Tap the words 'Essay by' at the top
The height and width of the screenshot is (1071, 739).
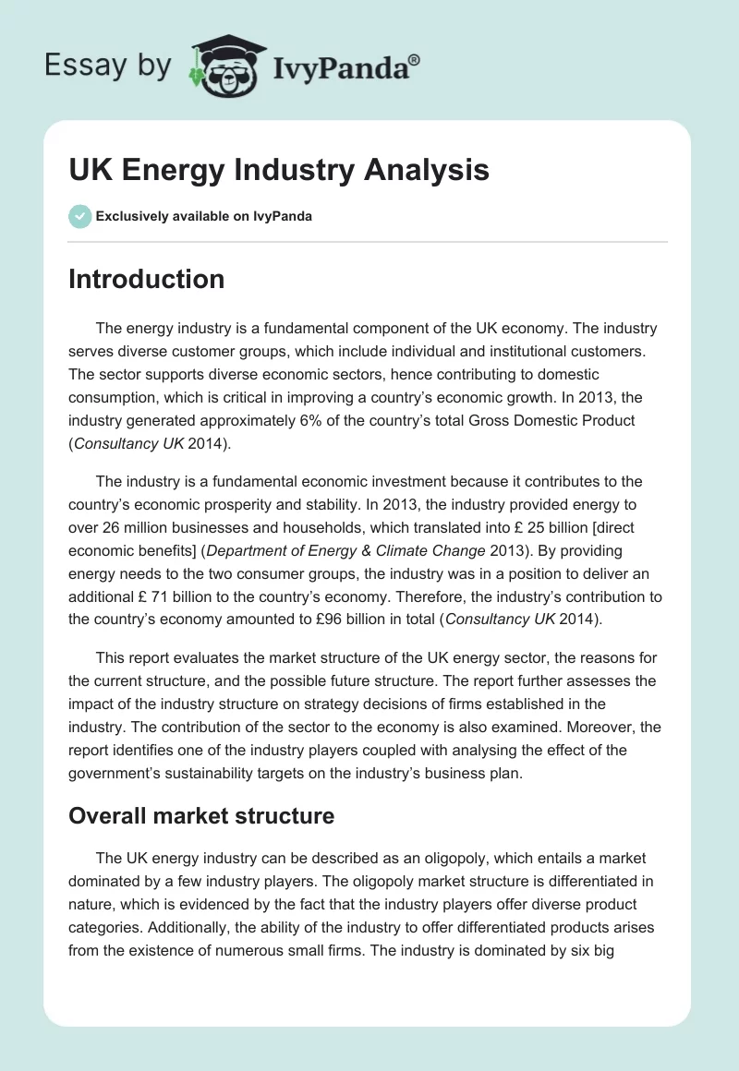(x=108, y=66)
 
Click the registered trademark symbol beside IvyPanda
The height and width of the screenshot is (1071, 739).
(x=415, y=59)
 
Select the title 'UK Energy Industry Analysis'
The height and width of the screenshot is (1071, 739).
(x=278, y=171)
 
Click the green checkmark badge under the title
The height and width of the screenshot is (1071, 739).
(x=79, y=216)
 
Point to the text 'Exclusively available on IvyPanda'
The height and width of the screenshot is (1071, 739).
(x=204, y=217)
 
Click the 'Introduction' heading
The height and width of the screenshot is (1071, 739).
(x=146, y=279)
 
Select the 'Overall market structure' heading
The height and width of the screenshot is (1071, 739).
(x=201, y=816)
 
